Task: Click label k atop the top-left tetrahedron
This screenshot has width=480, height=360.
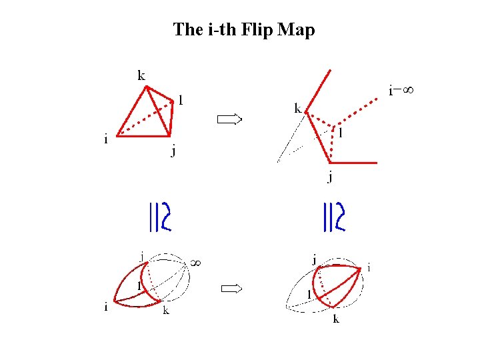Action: [x=141, y=75]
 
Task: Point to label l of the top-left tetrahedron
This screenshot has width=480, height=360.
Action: [x=181, y=101]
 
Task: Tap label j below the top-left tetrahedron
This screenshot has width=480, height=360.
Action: [x=173, y=151]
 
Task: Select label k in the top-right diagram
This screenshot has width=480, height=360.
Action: [x=298, y=108]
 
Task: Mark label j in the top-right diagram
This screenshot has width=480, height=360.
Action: [x=329, y=177]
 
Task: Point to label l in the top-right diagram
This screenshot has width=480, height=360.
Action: [x=341, y=133]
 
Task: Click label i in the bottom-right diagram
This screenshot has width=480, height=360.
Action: [x=369, y=268]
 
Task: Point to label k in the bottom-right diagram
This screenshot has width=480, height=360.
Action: [x=336, y=319]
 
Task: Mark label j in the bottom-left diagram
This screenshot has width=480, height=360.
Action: [x=141, y=255]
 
